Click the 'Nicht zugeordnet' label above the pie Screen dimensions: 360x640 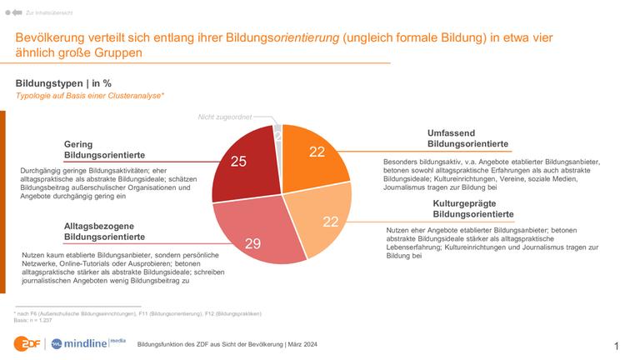224,117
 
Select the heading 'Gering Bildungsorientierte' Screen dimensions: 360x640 105,149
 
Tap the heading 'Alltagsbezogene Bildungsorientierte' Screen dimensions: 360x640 105,231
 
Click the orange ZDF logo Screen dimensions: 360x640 26,342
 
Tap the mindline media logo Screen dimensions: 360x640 87,342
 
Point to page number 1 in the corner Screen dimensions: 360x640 617,345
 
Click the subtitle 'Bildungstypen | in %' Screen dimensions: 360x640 63,83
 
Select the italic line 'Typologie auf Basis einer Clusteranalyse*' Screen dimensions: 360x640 90,97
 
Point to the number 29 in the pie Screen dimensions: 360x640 253,243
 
